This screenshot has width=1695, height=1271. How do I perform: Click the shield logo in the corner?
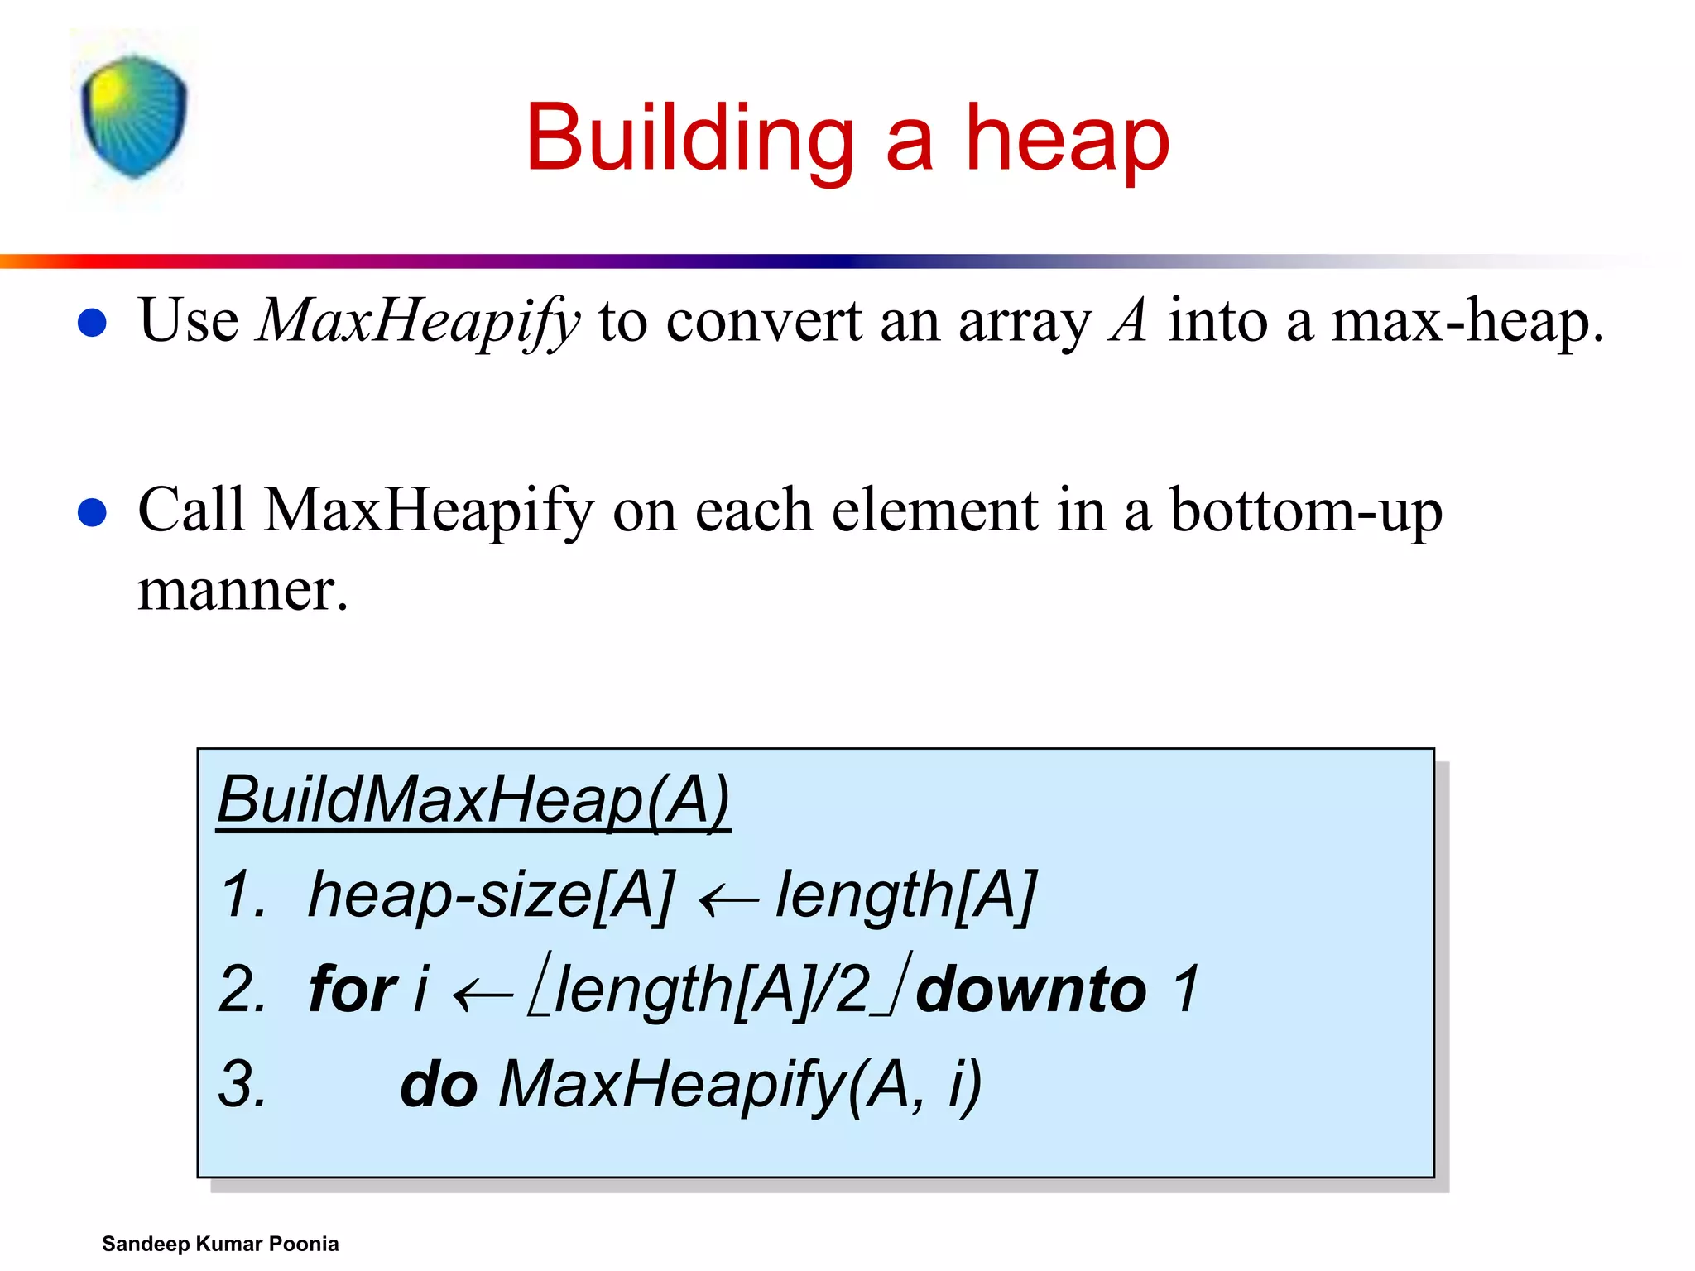click(x=134, y=117)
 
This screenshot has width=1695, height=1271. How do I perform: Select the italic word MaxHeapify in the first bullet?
click(x=418, y=321)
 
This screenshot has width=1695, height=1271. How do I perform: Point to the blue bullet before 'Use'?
click(x=92, y=323)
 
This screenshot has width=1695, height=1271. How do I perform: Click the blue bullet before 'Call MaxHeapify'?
click(x=92, y=512)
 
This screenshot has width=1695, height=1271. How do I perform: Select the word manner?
click(x=242, y=591)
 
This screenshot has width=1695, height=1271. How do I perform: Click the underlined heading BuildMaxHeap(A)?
click(x=473, y=800)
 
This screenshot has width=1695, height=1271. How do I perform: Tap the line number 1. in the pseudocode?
click(x=243, y=895)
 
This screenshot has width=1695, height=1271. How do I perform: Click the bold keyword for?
click(x=353, y=990)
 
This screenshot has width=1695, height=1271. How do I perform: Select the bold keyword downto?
click(x=1031, y=990)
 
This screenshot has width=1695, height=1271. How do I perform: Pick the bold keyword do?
click(x=439, y=1085)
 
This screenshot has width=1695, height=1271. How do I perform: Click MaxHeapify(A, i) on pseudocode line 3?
click(x=739, y=1085)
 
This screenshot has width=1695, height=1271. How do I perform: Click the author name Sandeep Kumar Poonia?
click(x=220, y=1244)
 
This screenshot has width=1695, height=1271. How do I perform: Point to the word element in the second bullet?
click(x=934, y=511)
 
